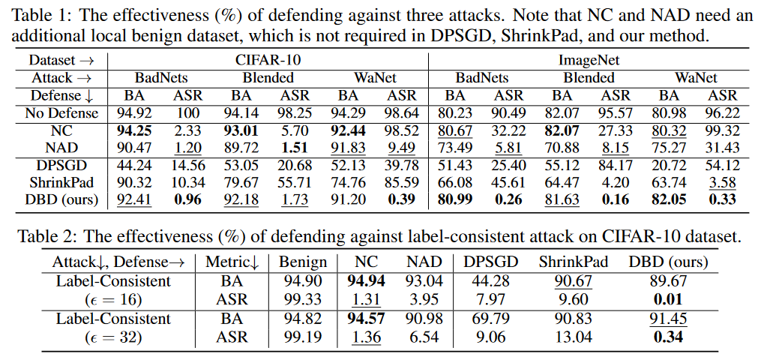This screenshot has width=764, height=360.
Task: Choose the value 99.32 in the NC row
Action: pos(723,131)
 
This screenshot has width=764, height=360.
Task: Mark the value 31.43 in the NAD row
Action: pos(723,148)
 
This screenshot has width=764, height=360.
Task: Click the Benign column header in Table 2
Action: pos(303,262)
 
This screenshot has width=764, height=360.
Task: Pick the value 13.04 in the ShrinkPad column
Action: pos(571,337)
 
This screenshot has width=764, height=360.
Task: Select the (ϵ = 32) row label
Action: pos(113,337)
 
